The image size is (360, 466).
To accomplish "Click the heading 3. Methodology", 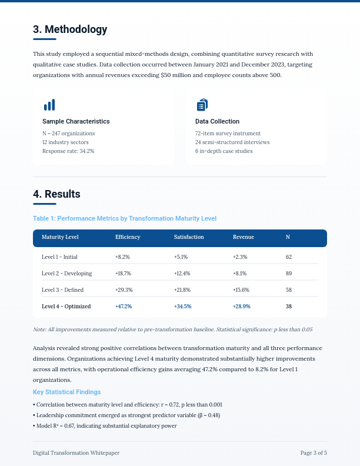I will pos(70,29).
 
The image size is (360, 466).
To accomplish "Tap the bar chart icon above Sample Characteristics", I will pos(49,105).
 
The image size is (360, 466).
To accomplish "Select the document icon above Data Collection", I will pos(202,105).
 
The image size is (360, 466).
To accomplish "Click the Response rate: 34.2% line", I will pos(68,151).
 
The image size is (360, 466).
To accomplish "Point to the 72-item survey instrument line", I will pos(228,134).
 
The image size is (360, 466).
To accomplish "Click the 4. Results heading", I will pos(56,194).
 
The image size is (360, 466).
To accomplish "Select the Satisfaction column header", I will pos(189,237).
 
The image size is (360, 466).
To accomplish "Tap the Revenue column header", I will pos(244,237).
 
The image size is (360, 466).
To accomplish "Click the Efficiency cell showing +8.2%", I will pos(122,257).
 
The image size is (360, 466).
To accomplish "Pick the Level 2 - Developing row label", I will pos(67,274).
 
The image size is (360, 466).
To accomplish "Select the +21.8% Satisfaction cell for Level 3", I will pos(182,290).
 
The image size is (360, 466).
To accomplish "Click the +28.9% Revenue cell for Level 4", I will pos(242,307).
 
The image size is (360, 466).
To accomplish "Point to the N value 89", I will pos(289,274).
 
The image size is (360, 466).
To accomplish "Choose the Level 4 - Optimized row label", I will pos(66,307).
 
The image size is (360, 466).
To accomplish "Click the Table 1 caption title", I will pos(125,218).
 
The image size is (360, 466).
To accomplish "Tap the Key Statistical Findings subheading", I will pos(67,392).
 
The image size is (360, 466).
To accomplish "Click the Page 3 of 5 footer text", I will pos(314,453).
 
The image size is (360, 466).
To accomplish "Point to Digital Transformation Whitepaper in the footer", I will pos(76,453).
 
